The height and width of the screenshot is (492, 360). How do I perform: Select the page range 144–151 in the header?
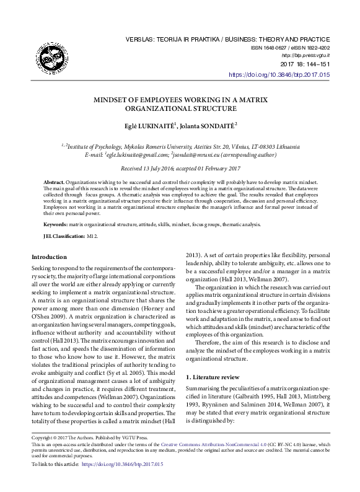click(315, 64)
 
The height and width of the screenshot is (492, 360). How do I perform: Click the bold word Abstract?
click(53, 183)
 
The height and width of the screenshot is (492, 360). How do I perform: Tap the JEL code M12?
click(92, 236)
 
